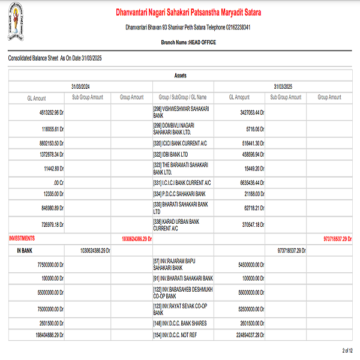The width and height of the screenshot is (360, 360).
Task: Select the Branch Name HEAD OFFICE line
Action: (x=188, y=43)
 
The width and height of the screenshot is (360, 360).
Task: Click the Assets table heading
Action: (x=181, y=76)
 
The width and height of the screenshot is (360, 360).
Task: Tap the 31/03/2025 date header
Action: (x=282, y=86)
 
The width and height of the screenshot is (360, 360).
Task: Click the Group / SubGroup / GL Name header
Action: (x=182, y=97)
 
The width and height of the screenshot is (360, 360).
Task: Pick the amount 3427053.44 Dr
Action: (x=248, y=112)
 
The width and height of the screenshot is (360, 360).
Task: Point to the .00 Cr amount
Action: (x=59, y=182)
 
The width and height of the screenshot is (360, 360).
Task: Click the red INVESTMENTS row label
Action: (x=22, y=238)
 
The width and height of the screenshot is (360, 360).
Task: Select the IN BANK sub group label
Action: (x=25, y=249)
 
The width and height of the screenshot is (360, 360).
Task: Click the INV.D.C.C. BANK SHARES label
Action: (x=181, y=323)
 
